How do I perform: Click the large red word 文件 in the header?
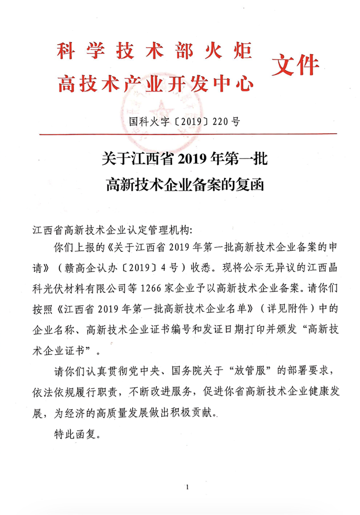point(295,65)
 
